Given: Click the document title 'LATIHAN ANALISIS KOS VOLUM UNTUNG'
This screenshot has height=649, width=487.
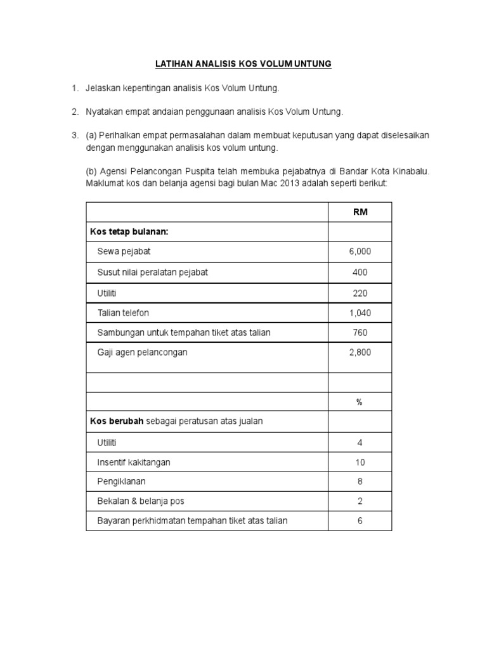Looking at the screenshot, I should pyautogui.click(x=243, y=64).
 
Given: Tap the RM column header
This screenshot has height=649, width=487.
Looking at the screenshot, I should pyautogui.click(x=360, y=212).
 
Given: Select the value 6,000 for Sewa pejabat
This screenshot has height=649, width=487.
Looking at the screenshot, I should pyautogui.click(x=360, y=252).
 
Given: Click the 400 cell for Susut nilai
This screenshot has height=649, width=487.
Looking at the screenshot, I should pyautogui.click(x=360, y=272).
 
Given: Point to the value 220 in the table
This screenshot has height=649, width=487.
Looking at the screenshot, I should pyautogui.click(x=360, y=293).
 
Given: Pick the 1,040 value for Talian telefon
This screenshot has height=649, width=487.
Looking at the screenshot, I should pyautogui.click(x=360, y=312).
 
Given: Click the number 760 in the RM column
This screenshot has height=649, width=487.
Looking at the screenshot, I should pyautogui.click(x=360, y=332).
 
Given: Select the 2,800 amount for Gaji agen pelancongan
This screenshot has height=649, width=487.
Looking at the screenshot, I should pyautogui.click(x=360, y=352).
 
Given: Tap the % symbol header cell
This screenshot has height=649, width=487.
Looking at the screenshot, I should pyautogui.click(x=360, y=402).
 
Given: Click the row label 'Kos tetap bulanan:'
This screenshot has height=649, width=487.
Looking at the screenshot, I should pyautogui.click(x=129, y=232).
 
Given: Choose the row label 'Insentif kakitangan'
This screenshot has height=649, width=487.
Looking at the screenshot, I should pyautogui.click(x=134, y=462).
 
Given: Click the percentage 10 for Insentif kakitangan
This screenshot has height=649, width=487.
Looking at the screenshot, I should pyautogui.click(x=360, y=462).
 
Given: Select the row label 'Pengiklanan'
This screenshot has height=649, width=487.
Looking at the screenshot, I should pyautogui.click(x=121, y=482).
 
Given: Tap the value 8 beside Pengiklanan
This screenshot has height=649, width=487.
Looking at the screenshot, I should pyautogui.click(x=360, y=482).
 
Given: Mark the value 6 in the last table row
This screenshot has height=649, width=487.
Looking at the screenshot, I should pyautogui.click(x=360, y=521).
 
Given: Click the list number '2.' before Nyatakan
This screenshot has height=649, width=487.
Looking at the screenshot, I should pyautogui.click(x=74, y=112).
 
